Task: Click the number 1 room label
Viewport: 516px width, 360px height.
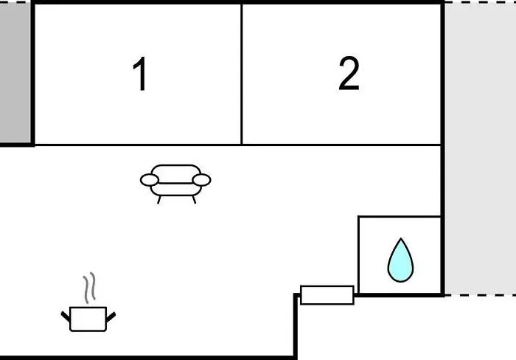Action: tap(140, 73)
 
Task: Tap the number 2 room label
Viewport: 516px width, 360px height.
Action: tap(349, 73)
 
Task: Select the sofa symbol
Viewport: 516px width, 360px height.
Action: tap(175, 184)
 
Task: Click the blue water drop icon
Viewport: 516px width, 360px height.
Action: tap(400, 260)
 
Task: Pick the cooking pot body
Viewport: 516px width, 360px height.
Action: tap(88, 319)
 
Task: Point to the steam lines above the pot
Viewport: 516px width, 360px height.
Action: tap(89, 288)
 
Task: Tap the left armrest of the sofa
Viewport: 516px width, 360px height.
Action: tap(150, 180)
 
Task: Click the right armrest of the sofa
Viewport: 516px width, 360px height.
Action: tap(201, 180)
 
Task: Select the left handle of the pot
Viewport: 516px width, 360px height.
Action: tap(66, 316)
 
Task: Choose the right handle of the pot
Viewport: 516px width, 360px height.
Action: tap(111, 317)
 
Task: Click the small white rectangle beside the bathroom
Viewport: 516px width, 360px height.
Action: tap(327, 295)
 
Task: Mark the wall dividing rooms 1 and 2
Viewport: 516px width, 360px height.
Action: tap(242, 74)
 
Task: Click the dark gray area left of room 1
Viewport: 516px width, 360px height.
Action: tap(15, 73)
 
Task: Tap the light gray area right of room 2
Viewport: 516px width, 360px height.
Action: tap(481, 148)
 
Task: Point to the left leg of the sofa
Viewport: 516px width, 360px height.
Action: tap(159, 200)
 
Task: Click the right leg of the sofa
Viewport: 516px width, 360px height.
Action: tap(194, 200)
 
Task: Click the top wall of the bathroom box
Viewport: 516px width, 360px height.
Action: tap(400, 216)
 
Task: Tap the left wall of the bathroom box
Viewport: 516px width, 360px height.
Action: tap(359, 255)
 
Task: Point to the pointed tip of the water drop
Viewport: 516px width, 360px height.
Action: tap(400, 238)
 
